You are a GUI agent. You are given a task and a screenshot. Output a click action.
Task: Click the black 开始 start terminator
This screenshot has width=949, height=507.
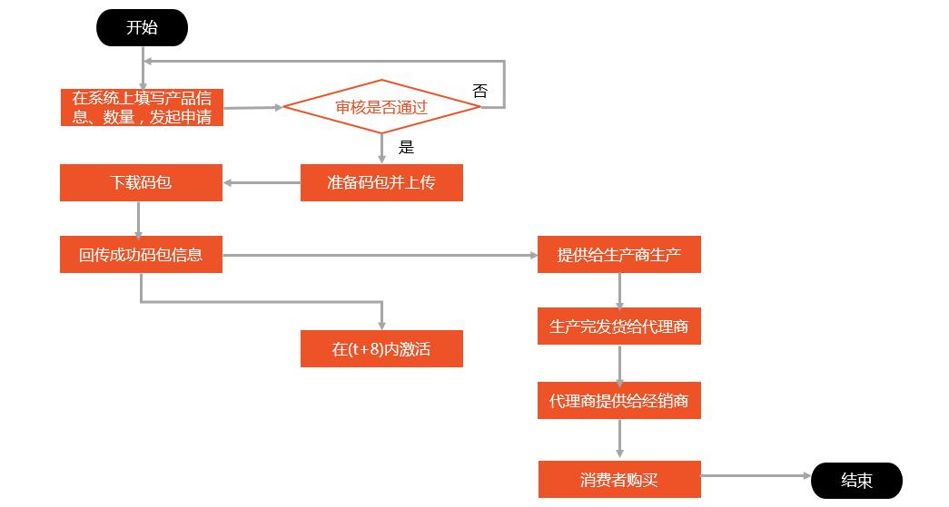click(142, 28)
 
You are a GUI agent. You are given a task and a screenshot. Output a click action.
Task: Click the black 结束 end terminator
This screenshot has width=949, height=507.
click(856, 481)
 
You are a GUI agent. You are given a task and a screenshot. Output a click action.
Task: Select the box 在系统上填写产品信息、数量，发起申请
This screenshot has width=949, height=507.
click(142, 108)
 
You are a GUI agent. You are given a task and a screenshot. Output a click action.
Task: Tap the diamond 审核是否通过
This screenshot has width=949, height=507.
click(381, 107)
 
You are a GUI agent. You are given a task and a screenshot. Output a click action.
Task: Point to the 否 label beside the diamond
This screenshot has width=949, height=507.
click(479, 91)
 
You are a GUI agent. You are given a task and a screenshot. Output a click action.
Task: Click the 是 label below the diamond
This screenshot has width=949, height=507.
click(406, 147)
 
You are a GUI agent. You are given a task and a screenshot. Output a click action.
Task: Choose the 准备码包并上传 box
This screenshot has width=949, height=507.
click(381, 182)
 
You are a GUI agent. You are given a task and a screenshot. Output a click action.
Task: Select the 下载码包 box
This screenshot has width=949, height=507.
click(141, 182)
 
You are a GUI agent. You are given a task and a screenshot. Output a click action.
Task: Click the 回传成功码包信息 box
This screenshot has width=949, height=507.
click(141, 255)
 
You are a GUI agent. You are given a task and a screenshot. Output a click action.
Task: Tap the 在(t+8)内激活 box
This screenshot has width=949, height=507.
click(381, 349)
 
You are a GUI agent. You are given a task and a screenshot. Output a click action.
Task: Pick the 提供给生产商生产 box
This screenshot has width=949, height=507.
click(619, 255)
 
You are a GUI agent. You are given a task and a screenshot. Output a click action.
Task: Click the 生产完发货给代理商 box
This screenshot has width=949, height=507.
click(619, 327)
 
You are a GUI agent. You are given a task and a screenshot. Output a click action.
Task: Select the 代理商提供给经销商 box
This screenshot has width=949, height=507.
click(619, 400)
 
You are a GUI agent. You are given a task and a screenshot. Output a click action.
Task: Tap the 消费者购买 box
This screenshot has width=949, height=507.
click(619, 480)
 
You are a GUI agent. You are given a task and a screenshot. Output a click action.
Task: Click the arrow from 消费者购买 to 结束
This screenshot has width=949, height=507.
click(754, 475)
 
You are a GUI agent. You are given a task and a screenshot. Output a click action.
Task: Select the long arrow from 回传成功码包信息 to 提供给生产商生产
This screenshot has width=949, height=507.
click(381, 255)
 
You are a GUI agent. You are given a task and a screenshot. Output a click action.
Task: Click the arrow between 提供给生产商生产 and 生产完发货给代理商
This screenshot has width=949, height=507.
click(619, 290)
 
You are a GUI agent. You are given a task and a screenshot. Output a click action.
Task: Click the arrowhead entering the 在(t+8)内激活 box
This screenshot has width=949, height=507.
click(381, 325)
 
